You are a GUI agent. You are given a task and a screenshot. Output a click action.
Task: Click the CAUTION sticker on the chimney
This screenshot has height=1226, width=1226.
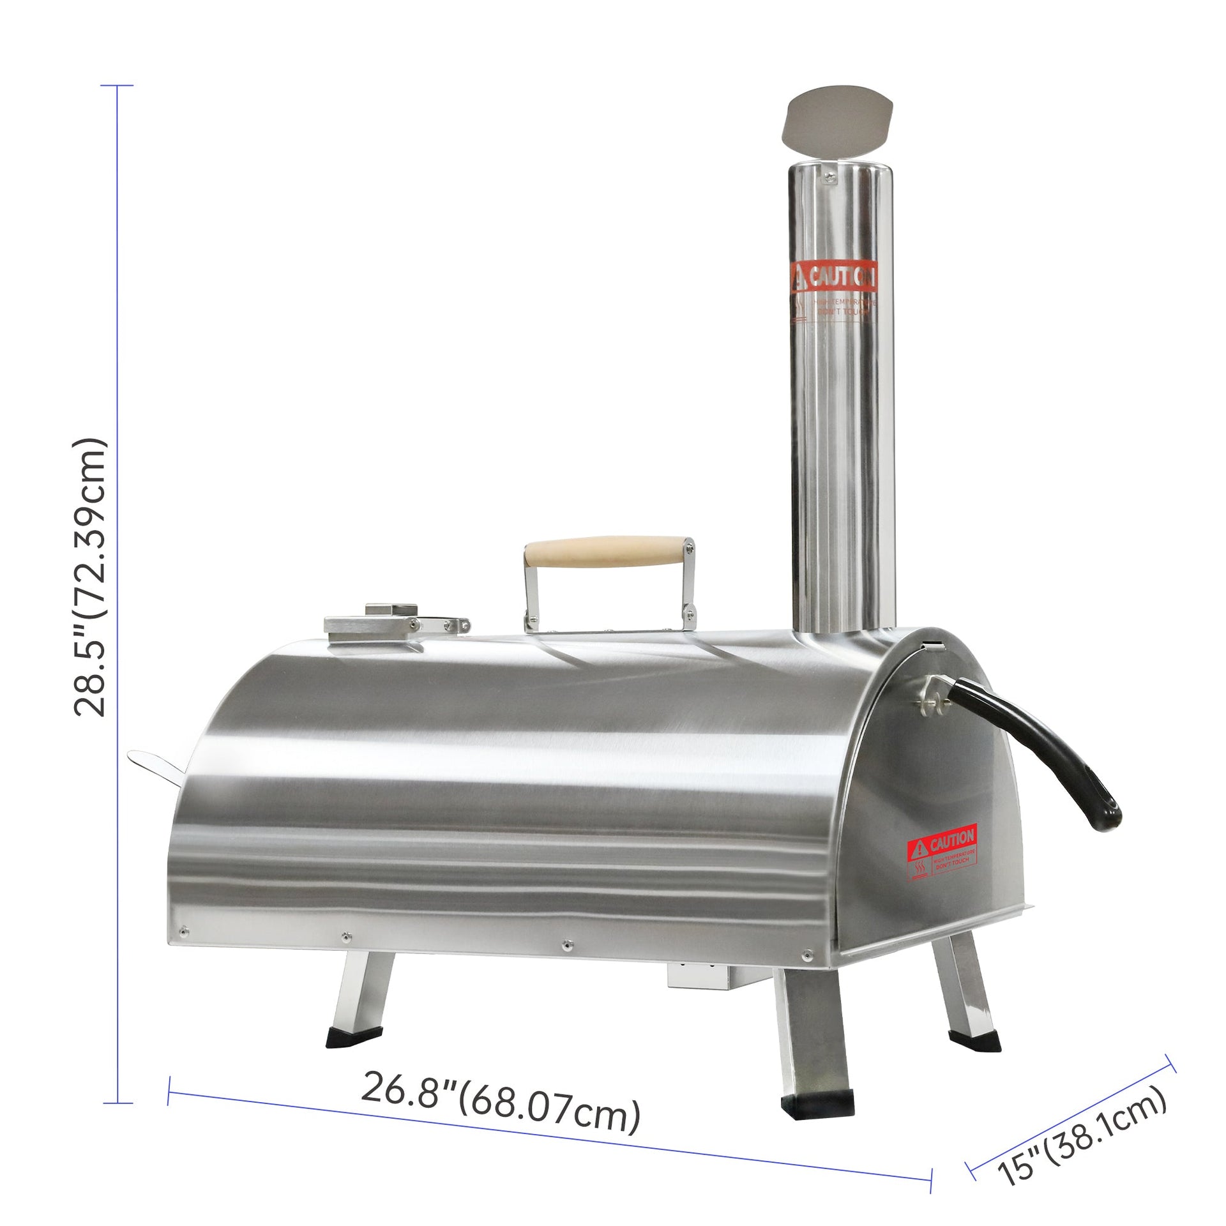(x=833, y=294)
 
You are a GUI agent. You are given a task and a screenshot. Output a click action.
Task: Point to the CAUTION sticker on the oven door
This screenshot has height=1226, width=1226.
(x=942, y=851)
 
